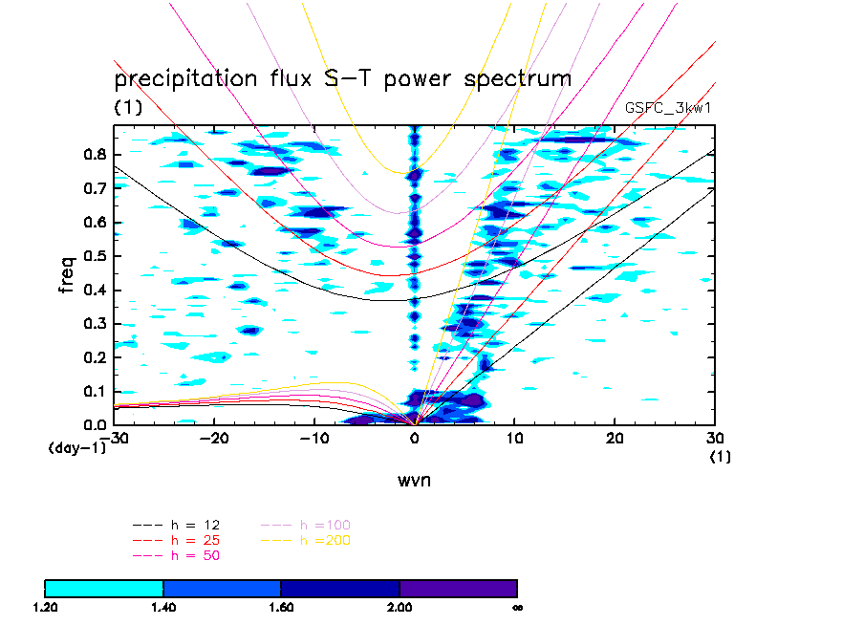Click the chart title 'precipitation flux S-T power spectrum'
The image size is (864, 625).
[342, 78]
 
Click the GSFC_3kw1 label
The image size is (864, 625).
[668, 108]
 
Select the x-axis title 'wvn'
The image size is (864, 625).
[414, 480]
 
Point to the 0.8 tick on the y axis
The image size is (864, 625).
[94, 155]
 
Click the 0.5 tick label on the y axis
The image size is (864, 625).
[94, 256]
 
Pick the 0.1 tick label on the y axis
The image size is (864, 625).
[94, 391]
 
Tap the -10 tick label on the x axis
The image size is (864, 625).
[311, 437]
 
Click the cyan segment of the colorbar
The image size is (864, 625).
[104, 588]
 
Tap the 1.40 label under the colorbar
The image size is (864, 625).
[163, 607]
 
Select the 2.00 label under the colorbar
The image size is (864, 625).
[400, 607]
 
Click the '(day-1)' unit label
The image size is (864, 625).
[76, 446]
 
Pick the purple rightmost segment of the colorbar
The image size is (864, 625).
[458, 588]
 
